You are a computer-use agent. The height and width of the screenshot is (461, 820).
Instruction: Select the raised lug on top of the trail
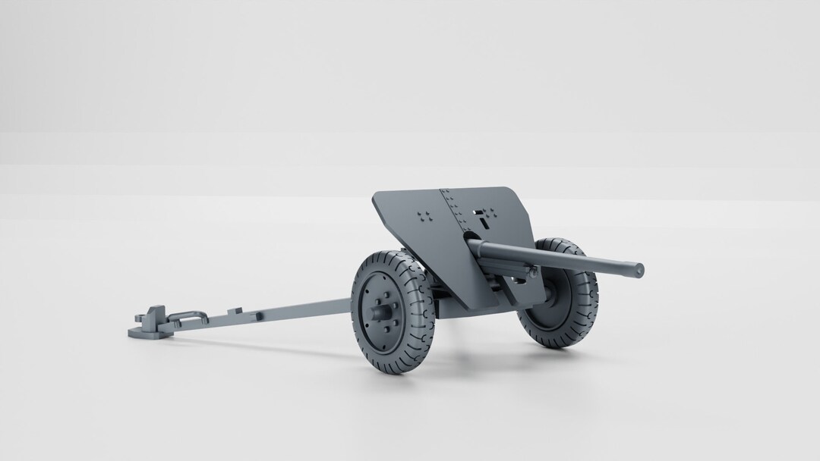tap(237, 309)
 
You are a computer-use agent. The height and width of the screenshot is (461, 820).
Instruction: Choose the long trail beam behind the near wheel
tap(296, 309)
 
